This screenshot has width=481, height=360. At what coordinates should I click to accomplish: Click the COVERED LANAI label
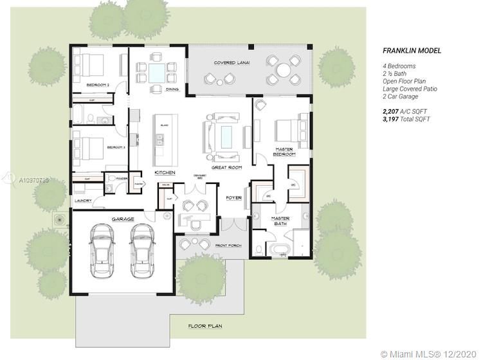pos(232,63)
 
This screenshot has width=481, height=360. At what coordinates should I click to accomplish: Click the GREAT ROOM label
pos(226,168)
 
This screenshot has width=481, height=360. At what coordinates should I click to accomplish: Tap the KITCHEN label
pos(165,173)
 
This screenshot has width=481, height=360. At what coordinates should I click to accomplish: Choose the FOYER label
pos(234,197)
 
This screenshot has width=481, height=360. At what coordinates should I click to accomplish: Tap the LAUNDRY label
pos(83,201)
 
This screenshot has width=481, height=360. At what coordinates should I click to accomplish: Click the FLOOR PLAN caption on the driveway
pos(205,326)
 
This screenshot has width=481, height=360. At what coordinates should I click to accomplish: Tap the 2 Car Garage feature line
pos(400,96)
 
